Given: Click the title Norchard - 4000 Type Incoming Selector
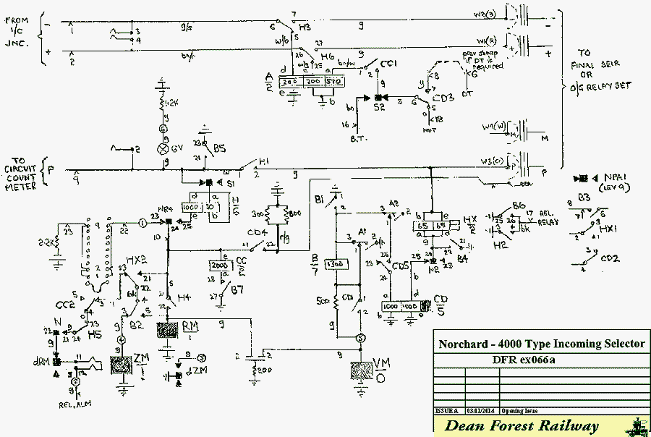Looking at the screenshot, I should point(540,344).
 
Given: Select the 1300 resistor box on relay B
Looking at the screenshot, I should point(335,266).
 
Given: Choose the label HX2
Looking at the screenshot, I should point(138,258).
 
